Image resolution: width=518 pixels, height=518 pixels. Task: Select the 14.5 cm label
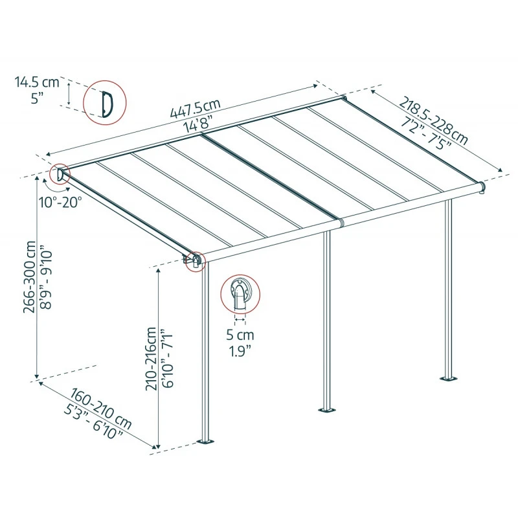click(37, 82)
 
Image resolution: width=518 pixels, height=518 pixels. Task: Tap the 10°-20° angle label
click(60, 201)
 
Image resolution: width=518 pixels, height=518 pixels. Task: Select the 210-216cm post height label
click(152, 359)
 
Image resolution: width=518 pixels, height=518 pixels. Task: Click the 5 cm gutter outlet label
click(240, 335)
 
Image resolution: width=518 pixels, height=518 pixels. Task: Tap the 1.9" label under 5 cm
click(240, 352)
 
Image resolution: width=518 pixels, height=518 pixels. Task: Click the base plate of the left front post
click(207, 443)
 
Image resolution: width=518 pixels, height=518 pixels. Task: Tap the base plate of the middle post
click(327, 410)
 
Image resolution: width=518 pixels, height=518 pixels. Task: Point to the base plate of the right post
click(447, 377)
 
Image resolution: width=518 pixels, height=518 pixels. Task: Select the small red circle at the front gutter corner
click(194, 261)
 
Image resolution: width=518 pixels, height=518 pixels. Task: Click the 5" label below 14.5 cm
click(37, 98)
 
